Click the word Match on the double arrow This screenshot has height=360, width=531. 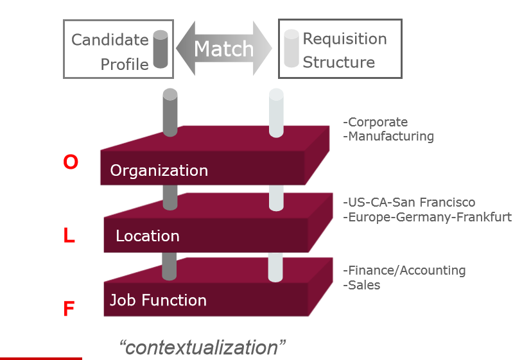point(223,49)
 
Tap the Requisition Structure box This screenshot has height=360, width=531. point(339,49)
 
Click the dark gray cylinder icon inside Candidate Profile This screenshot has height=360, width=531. point(161,50)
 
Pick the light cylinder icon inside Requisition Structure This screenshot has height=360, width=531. point(292,49)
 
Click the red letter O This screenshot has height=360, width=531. point(71,163)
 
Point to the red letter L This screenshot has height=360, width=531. point(69,236)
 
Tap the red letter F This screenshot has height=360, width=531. point(69,310)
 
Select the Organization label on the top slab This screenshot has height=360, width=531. point(159,171)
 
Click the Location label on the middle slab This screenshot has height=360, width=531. point(147,236)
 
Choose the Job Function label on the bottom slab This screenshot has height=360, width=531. point(158,300)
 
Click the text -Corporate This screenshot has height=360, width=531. point(376,122)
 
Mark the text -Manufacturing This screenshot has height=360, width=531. point(388,136)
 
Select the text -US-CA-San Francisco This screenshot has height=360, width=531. point(409,203)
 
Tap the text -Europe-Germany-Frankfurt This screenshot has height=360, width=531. point(427,217)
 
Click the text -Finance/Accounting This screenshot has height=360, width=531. point(404,271)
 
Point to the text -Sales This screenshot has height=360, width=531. point(361,285)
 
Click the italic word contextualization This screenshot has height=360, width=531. point(202,347)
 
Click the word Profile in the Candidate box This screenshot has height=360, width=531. point(125,64)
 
